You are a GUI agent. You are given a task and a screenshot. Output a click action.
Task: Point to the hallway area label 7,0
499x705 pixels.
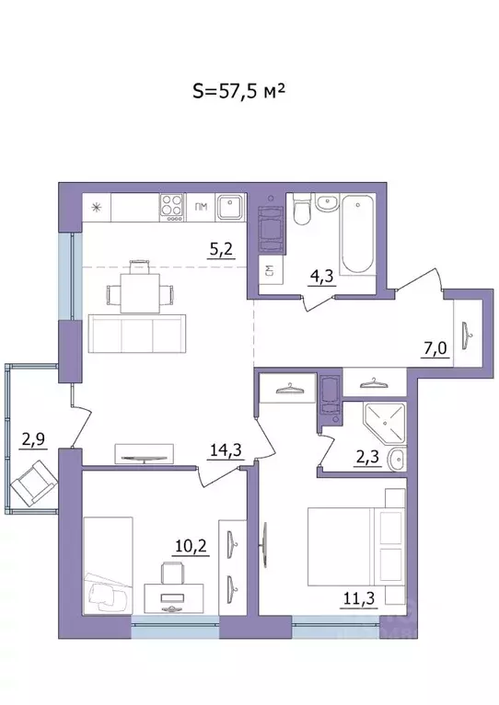438,349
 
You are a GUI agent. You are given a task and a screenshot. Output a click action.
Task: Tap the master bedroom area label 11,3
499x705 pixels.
345,602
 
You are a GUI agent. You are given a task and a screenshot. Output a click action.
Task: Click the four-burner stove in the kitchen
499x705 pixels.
171,206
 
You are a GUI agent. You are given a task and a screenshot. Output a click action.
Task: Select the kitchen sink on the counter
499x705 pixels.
229,208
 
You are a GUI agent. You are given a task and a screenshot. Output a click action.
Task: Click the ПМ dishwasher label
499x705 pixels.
201,208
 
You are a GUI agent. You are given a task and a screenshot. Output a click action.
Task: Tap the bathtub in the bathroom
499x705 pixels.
355,234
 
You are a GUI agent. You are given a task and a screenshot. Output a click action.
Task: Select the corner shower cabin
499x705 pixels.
385,424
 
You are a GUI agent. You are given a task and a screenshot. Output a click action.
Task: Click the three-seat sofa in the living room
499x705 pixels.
136,333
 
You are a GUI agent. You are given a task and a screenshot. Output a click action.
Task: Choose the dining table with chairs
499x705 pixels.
139,292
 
